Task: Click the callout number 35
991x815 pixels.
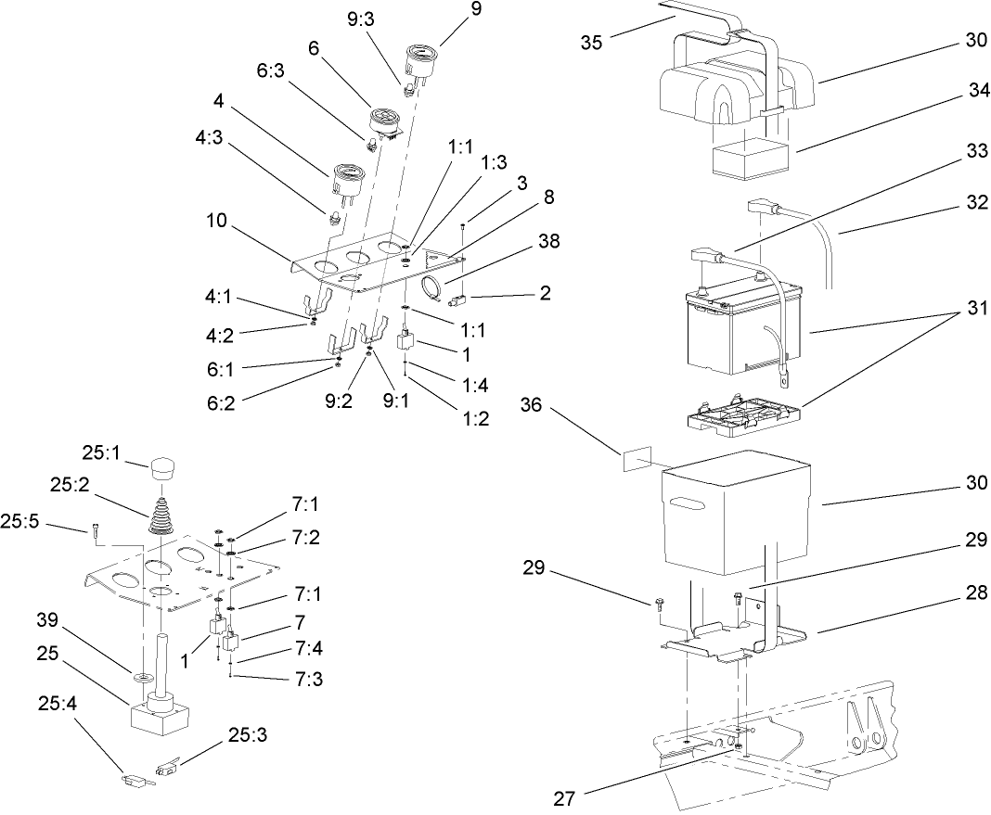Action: point(592,43)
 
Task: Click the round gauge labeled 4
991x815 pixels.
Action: point(346,177)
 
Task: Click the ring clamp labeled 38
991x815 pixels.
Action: point(433,287)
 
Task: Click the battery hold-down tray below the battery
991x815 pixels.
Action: point(741,417)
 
